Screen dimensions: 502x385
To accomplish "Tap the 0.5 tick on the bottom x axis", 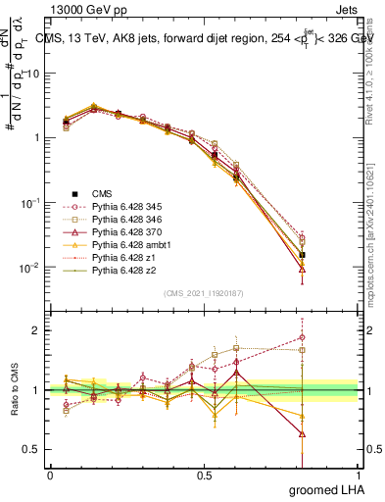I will tap(204, 476).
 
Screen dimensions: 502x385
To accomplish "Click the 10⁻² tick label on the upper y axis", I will tap(28, 268).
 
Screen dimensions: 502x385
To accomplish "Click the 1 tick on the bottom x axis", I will tap(357, 476).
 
